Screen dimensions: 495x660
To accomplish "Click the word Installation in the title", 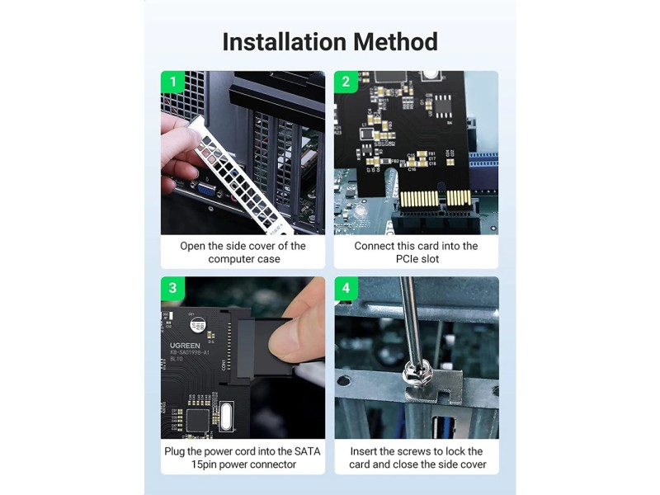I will [x=276, y=41].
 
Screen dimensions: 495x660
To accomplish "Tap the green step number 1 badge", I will [x=172, y=82].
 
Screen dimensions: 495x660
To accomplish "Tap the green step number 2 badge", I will [x=346, y=82].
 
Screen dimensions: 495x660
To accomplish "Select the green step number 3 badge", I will [x=172, y=288].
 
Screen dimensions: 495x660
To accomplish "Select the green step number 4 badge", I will [x=346, y=288].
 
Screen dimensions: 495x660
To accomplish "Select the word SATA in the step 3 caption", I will [x=302, y=451].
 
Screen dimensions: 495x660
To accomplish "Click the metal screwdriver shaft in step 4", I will [x=408, y=322].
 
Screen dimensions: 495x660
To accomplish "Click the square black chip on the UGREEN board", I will [x=198, y=417].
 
